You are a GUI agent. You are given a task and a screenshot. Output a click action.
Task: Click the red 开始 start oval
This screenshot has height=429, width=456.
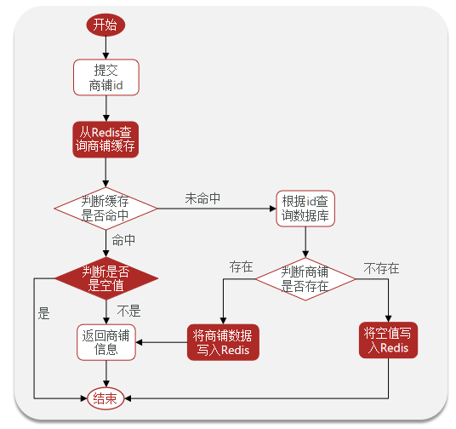click(105, 25)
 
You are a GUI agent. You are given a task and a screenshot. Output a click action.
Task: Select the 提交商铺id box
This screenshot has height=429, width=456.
click(106, 77)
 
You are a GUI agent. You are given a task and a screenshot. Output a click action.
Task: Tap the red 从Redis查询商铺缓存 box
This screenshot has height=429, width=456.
click(105, 140)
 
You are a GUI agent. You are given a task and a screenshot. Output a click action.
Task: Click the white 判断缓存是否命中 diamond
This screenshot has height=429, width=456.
click(105, 209)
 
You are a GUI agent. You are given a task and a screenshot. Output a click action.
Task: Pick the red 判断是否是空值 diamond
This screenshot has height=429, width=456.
click(106, 278)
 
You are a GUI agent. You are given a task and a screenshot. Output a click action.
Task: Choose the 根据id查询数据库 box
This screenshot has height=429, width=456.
click(305, 209)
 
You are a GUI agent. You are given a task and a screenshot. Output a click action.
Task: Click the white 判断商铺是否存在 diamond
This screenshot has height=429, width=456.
click(305, 279)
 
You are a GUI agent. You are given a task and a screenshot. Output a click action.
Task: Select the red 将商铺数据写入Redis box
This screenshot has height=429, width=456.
click(223, 342)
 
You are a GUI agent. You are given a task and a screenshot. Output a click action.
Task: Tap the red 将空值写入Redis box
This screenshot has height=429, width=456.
click(388, 340)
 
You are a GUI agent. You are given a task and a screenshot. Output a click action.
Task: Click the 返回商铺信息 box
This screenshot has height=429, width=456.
click(106, 342)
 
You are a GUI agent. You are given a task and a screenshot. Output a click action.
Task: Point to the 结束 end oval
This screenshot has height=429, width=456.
click(105, 398)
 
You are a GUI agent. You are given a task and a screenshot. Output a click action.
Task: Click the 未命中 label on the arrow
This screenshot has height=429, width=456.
click(202, 198)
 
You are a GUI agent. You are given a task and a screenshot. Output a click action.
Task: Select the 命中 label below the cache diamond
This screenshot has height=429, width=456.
click(123, 240)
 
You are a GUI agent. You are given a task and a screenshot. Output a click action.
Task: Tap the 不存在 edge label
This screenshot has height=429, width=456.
click(381, 268)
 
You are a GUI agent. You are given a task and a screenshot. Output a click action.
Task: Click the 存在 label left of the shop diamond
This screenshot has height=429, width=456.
click(241, 266)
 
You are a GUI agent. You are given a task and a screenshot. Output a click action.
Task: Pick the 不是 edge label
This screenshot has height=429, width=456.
click(128, 311)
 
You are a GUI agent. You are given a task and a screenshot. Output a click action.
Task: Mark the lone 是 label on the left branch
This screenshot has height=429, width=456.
click(44, 313)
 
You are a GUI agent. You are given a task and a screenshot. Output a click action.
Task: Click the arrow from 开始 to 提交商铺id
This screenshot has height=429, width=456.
click(105, 48)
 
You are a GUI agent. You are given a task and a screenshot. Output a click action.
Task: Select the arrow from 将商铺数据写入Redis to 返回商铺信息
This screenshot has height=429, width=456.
click(162, 342)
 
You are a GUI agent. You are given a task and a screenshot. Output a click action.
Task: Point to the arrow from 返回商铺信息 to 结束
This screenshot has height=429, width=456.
click(106, 374)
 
